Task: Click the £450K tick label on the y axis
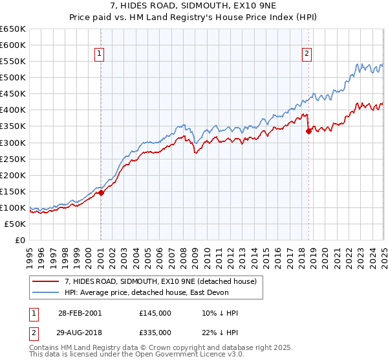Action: click(x=13, y=94)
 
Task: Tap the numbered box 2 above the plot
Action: click(x=307, y=54)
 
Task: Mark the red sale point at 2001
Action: click(x=101, y=193)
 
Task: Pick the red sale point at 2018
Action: click(x=308, y=131)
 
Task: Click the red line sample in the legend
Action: click(x=46, y=281)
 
